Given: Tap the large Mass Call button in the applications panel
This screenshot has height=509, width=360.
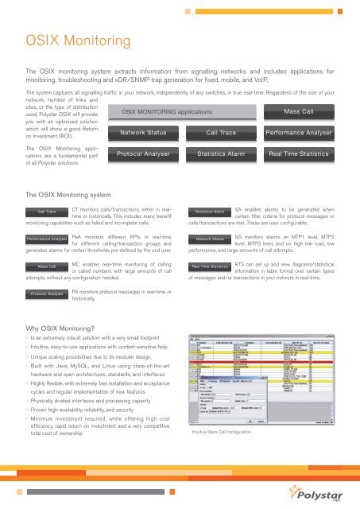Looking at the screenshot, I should (x=302, y=112).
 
